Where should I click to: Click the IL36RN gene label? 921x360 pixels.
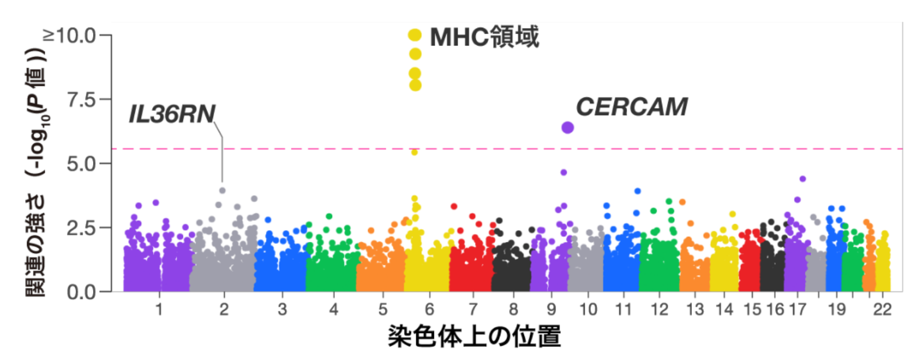point(172,114)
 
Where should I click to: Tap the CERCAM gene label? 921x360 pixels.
point(631,107)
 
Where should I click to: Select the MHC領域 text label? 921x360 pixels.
point(484,37)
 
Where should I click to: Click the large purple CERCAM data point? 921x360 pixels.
point(567,127)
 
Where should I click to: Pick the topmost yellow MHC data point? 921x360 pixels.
point(415,35)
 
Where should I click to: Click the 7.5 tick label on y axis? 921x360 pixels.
point(81,99)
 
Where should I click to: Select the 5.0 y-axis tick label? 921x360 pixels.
point(81,164)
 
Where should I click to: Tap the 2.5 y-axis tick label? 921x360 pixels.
point(81,228)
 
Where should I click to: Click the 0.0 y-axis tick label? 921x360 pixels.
point(81,292)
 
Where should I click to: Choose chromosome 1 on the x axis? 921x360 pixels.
point(159,309)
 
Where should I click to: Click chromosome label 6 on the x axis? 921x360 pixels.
point(429,309)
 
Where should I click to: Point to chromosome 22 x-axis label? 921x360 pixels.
point(882,309)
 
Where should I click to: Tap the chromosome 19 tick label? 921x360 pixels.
point(837,309)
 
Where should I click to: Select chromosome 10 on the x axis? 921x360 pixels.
point(588,309)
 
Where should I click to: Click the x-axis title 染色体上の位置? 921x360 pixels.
point(474,336)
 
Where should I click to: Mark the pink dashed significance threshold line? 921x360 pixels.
point(511,149)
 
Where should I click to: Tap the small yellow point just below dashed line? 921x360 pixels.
point(415,152)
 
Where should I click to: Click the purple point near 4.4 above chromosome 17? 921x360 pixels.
point(802,179)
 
